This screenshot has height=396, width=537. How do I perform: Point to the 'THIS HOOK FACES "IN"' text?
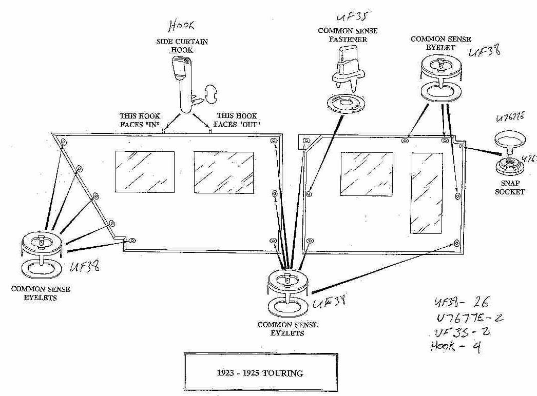click(x=140, y=120)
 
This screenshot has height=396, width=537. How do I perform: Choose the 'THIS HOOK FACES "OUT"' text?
click(x=238, y=120)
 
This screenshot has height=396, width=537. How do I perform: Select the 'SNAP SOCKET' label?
click(x=510, y=188)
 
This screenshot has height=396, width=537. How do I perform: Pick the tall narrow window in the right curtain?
click(x=426, y=193)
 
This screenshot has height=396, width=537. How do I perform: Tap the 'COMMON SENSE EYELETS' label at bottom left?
click(x=41, y=293)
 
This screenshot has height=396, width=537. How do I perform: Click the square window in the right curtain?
click(x=367, y=173)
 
